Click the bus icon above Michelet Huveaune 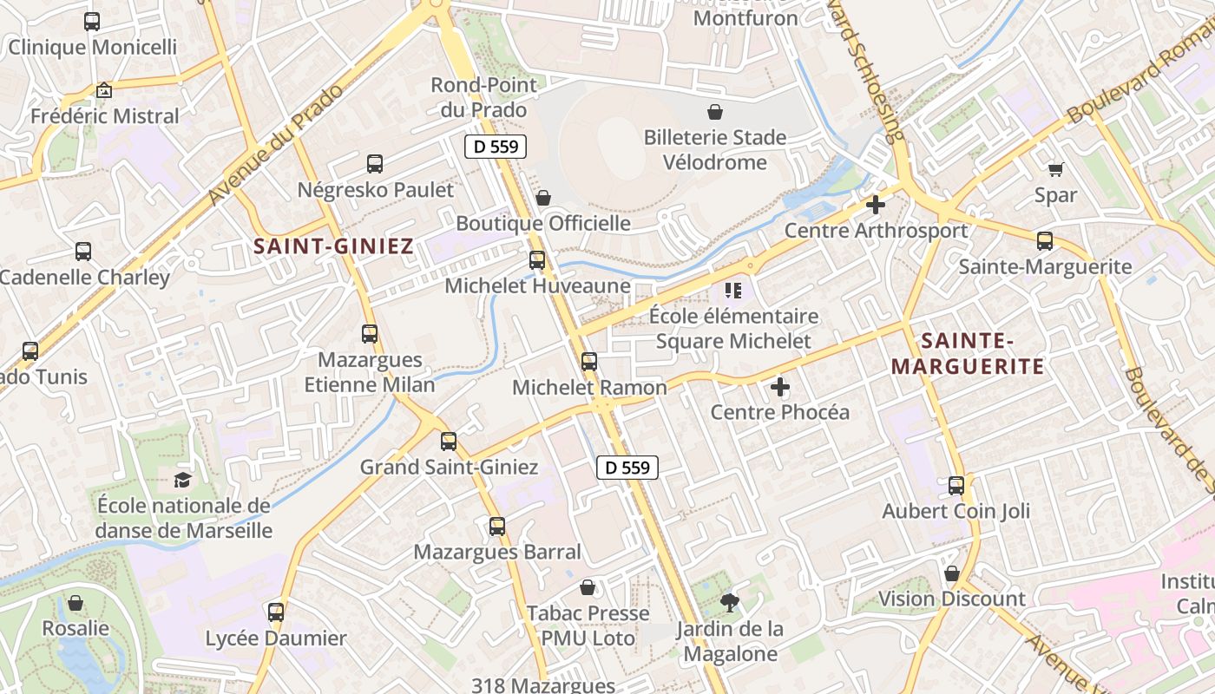click(537, 259)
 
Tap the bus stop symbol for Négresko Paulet click(375, 163)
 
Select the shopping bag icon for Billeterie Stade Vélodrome click(714, 112)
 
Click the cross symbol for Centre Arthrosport click(876, 205)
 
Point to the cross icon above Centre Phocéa click(780, 386)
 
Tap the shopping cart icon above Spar click(1055, 169)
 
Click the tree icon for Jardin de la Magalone click(729, 602)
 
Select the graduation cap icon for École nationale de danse click(183, 480)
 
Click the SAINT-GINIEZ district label click(333, 246)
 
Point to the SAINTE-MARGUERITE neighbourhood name click(968, 353)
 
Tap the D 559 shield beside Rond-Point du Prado click(496, 147)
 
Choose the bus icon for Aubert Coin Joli click(956, 486)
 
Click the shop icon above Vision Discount click(952, 573)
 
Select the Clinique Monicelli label click(92, 47)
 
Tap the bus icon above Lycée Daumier click(276, 612)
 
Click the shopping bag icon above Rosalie click(76, 602)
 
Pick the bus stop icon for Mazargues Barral click(497, 526)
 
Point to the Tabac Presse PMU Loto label click(588, 625)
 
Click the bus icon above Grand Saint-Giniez click(449, 441)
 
